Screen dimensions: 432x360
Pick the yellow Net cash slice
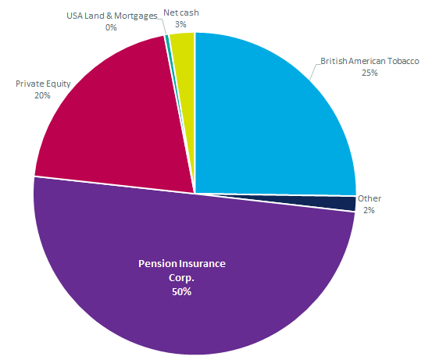[185, 69]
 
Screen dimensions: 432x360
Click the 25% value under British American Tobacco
[370, 73]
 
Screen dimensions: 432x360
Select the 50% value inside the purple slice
[181, 292]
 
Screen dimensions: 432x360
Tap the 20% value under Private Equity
[42, 95]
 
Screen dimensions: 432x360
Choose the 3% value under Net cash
[180, 24]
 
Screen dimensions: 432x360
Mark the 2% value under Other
[369, 210]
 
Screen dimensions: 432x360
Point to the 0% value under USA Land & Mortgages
[111, 27]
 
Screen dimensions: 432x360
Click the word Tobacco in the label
[403, 61]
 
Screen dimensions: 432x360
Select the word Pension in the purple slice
[156, 264]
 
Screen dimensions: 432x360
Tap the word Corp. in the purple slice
[181, 278]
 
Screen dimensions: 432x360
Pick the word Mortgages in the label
[136, 16]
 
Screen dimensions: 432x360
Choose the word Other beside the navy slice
[370, 198]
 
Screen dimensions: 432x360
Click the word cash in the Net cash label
[189, 12]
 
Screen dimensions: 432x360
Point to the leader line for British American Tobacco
[315, 72]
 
